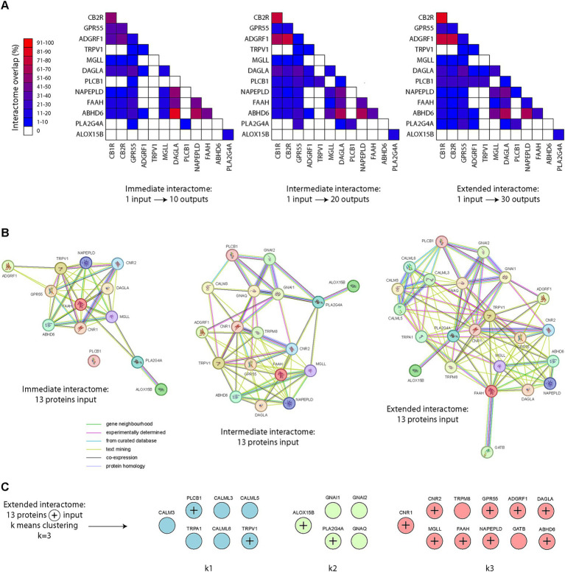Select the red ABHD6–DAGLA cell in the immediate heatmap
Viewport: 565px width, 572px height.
point(175,112)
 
